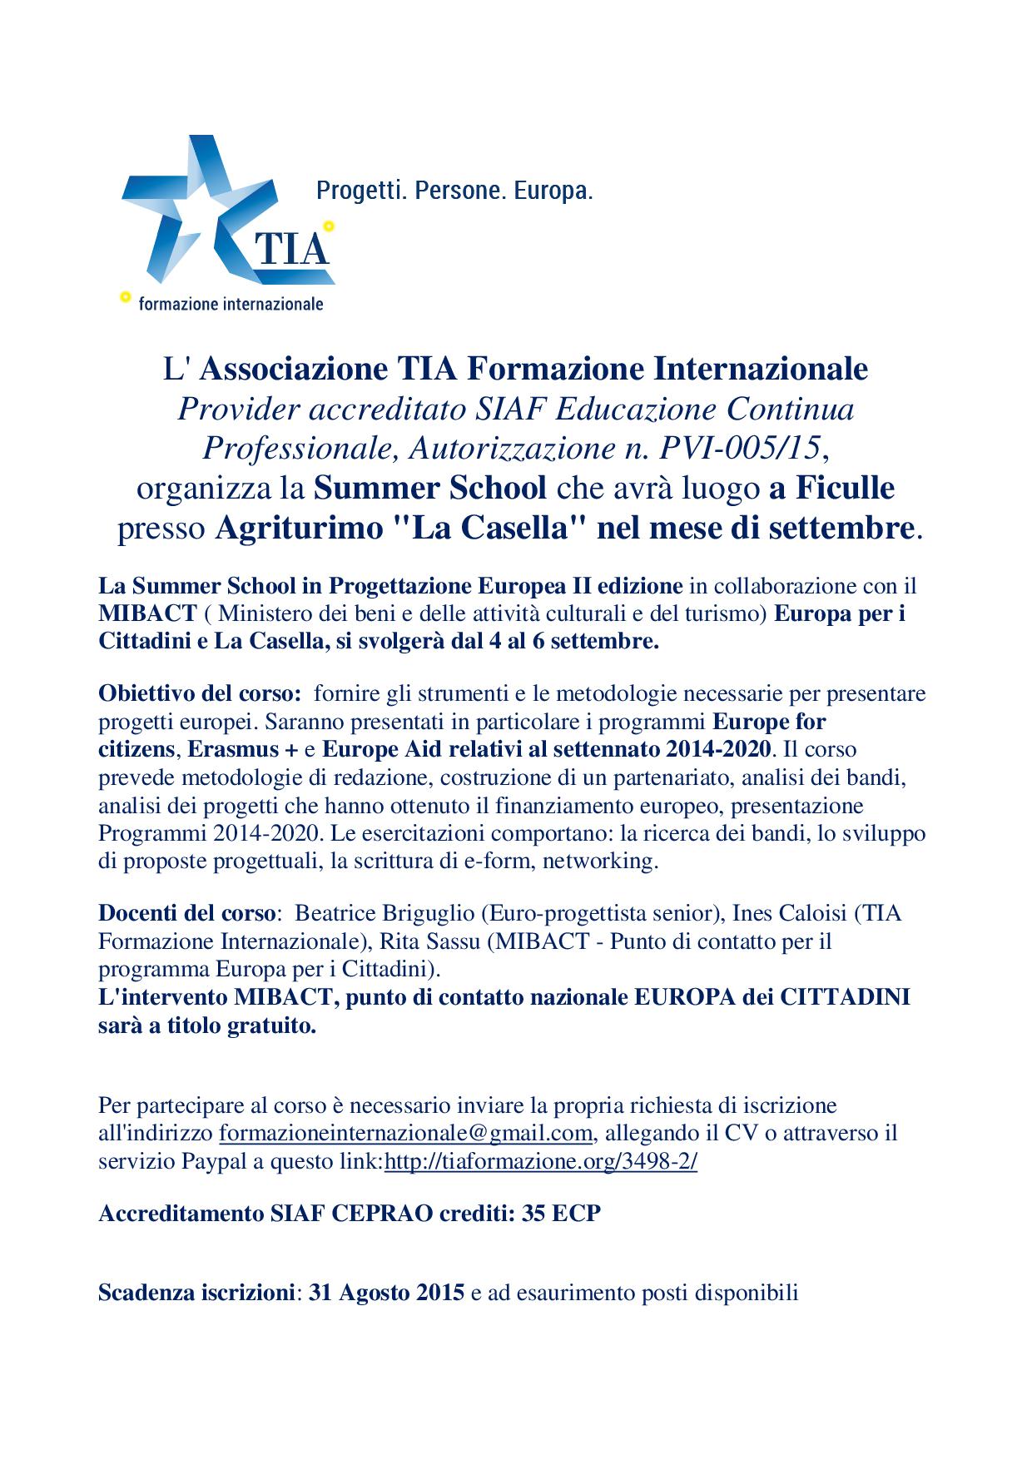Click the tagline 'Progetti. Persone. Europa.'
point(454,191)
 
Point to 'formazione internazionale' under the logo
point(231,304)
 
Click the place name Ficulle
point(845,488)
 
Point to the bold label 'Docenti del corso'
point(186,913)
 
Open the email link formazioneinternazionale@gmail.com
point(406,1133)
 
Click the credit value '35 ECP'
point(560,1214)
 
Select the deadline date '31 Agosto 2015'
point(386,1294)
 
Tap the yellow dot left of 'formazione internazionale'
point(126,295)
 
